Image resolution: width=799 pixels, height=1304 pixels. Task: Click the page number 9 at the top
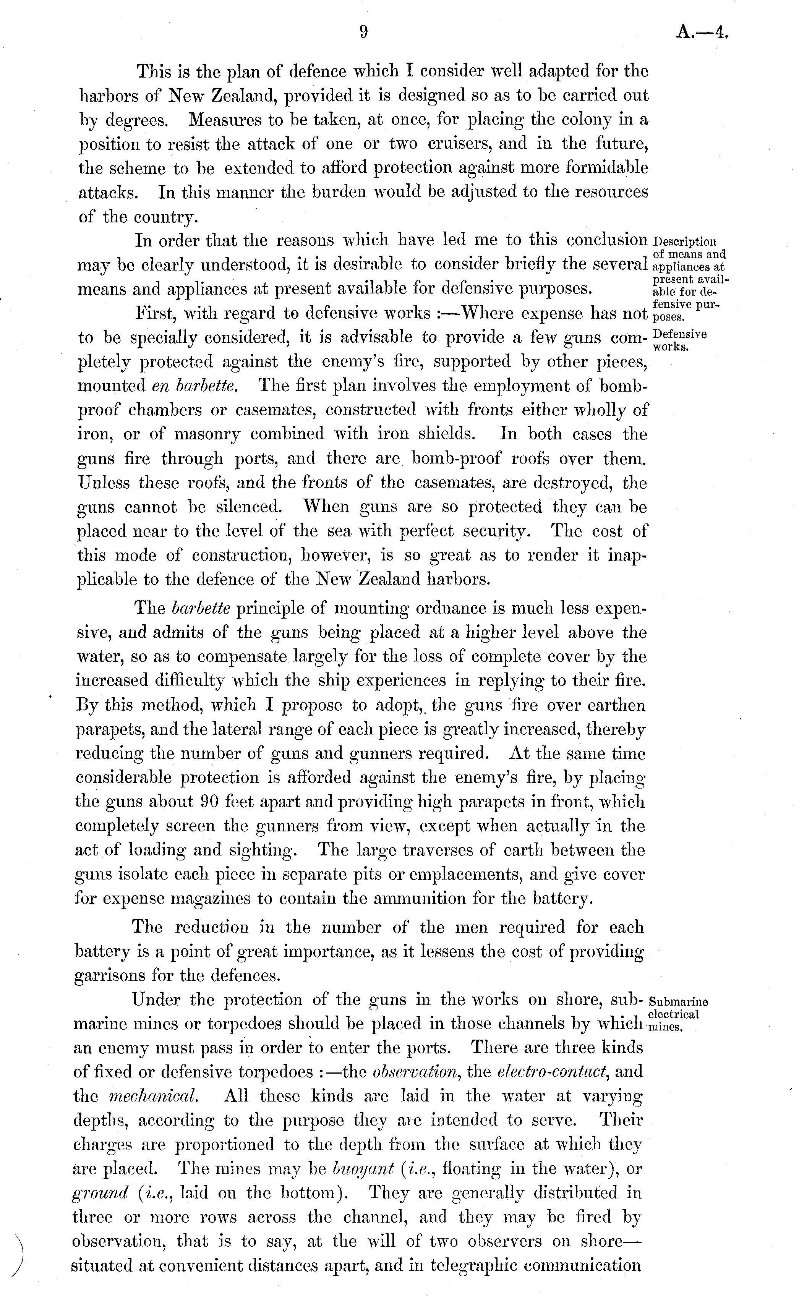coord(363,33)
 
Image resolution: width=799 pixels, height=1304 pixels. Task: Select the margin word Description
coord(685,242)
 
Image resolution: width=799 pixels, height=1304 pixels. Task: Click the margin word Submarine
coord(678,1002)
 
